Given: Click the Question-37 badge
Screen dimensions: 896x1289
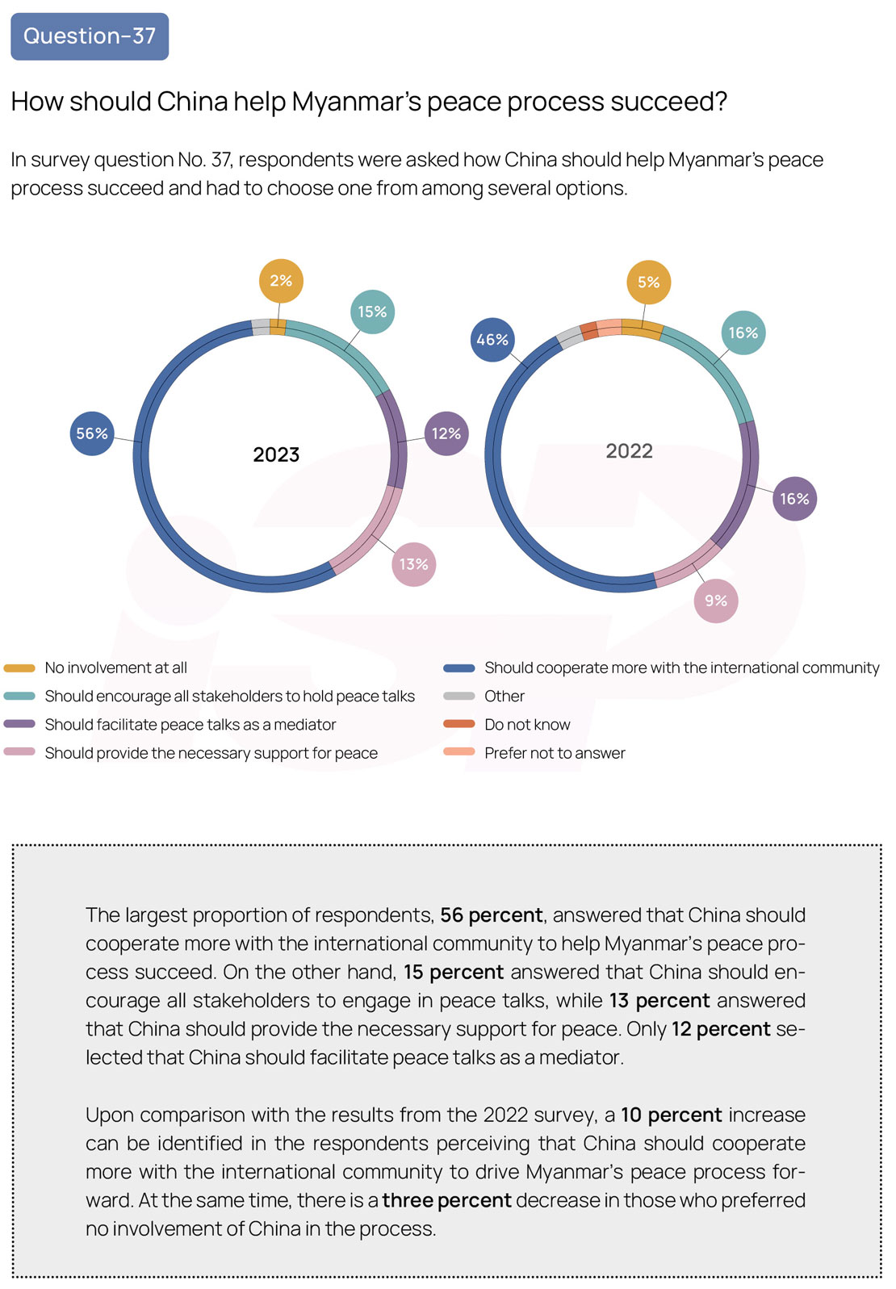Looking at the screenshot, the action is [90, 36].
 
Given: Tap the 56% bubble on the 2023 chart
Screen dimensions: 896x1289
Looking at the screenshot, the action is [92, 433].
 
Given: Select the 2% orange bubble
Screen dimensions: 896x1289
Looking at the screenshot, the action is [281, 281].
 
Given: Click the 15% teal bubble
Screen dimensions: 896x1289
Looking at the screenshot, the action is [372, 312].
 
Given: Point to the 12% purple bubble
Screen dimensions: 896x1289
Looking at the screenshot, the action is [446, 433].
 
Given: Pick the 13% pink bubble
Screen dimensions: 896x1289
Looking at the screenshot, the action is [414, 564].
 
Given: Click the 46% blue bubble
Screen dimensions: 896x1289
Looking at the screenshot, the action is [492, 340].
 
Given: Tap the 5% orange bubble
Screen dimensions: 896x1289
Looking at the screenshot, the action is [648, 282].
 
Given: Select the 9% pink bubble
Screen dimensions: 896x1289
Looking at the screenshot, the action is [716, 601].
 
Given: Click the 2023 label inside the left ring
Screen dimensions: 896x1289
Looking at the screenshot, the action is [276, 454].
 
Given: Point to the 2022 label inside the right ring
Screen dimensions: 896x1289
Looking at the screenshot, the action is [629, 451].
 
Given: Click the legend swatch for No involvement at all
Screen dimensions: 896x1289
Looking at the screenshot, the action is [19, 668].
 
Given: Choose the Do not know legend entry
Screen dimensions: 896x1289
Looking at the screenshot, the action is [507, 725].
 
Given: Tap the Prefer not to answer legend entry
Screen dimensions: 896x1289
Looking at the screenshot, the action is [534, 753].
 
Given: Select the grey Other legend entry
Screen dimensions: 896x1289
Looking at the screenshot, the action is [484, 697].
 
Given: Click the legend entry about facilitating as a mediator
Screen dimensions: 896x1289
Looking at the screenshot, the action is [170, 725].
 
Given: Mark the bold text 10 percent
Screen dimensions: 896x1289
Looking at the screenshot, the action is [671, 1115].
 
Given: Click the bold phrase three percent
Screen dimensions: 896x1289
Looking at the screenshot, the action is [446, 1199].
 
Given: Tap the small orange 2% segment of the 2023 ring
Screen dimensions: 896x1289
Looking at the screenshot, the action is [278, 328].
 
